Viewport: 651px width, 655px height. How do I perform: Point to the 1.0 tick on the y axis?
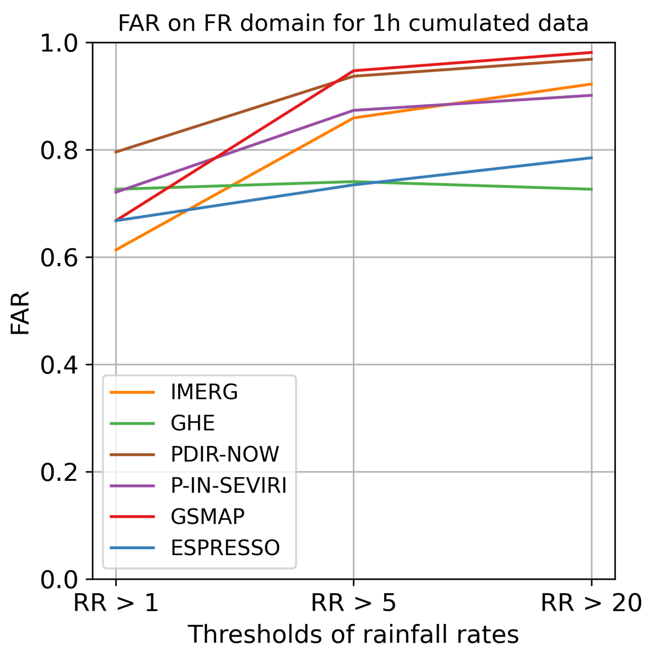[59, 43]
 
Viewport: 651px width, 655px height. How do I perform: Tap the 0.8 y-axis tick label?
[59, 151]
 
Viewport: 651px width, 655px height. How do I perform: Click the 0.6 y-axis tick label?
[59, 258]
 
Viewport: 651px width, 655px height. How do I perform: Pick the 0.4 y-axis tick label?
[59, 366]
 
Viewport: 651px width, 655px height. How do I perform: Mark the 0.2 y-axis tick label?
[59, 473]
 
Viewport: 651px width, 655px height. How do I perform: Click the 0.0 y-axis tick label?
[59, 580]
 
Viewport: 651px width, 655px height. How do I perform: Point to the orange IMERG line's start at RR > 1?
[116, 250]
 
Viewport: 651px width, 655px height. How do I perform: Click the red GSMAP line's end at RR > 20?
[591, 53]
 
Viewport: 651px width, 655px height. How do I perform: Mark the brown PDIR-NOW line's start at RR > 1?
[116, 152]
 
